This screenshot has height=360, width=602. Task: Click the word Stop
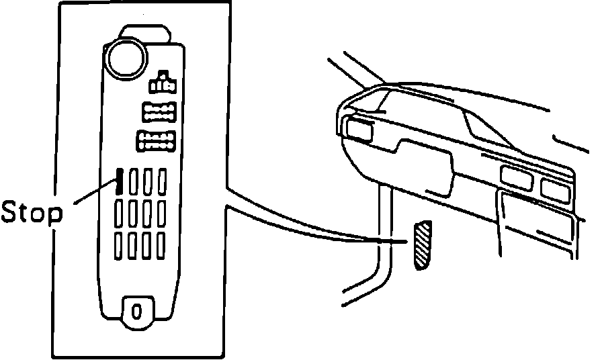tap(32, 213)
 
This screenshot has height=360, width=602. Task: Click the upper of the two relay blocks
tap(159, 111)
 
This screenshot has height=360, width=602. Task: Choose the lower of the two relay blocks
tap(156, 141)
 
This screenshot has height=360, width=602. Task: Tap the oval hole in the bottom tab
tap(136, 311)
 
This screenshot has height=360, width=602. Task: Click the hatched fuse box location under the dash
tap(422, 244)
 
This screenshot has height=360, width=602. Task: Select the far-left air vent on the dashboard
tap(359, 129)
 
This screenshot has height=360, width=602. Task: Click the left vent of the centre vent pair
tap(515, 177)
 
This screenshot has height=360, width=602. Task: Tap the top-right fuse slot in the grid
tap(162, 182)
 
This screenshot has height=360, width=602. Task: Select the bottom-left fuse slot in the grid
tap(119, 246)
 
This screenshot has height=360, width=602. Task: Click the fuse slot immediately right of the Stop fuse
tap(133, 182)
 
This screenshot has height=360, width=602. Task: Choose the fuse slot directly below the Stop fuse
tap(119, 214)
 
